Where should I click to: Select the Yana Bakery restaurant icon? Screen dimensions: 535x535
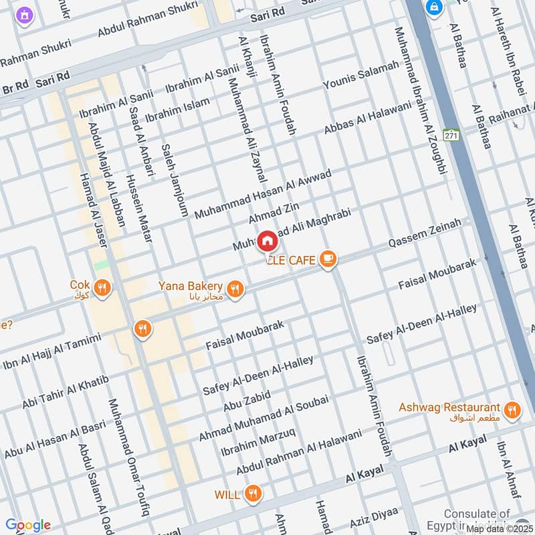tap(234, 289)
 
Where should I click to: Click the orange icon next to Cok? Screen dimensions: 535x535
tap(102, 288)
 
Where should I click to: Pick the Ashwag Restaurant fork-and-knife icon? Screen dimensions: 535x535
tap(512, 410)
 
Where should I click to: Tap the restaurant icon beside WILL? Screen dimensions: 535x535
tap(252, 494)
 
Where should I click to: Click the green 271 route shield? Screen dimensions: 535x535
tap(452, 134)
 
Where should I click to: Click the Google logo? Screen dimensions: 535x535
tap(27, 525)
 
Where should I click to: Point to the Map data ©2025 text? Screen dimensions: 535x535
tap(499, 528)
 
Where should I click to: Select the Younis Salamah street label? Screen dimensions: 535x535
tap(360, 76)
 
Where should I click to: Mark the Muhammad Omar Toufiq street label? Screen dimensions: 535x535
tap(128, 458)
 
